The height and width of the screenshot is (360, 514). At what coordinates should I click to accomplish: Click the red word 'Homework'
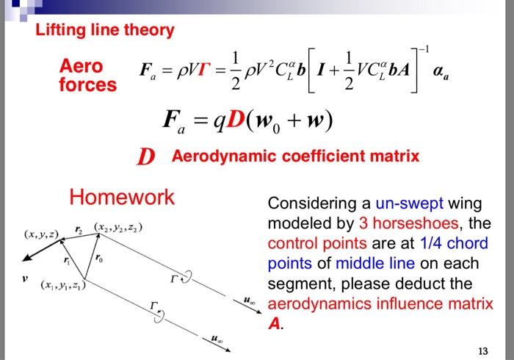(x=122, y=197)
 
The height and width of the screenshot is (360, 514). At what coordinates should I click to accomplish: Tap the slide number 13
(x=482, y=349)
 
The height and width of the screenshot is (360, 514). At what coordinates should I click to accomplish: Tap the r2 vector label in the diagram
(x=79, y=231)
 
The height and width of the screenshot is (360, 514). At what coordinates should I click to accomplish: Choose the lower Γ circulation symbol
(x=153, y=306)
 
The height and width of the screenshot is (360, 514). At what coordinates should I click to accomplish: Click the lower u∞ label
(x=214, y=340)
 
